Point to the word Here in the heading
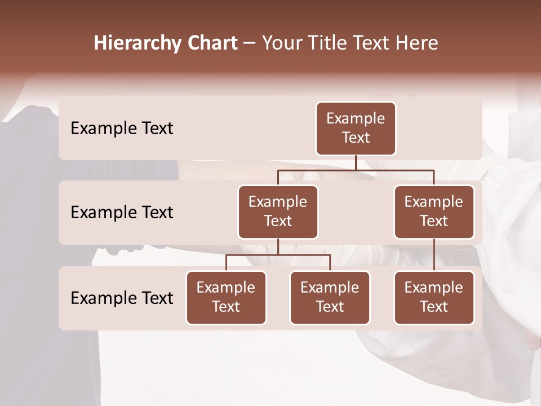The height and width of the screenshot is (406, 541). tap(417, 43)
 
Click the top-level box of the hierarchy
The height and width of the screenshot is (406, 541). tap(356, 128)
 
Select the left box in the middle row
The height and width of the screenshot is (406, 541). tap(278, 211)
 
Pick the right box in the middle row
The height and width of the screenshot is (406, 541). tap(434, 211)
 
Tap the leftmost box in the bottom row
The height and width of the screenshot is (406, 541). tap(226, 297)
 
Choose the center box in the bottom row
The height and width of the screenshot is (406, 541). tap(330, 297)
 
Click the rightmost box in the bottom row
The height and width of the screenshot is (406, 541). tap(434, 297)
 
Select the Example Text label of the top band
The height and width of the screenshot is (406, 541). tap(122, 129)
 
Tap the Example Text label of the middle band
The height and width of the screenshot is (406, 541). tap(122, 213)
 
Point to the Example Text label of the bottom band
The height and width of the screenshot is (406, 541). tap(122, 298)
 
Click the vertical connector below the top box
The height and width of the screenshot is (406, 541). tap(356, 162)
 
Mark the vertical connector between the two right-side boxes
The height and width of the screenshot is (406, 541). tap(434, 255)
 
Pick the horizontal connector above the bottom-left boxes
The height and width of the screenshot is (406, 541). tap(278, 255)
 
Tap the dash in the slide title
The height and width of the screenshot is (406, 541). tap(250, 43)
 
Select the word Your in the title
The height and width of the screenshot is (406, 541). tap(281, 43)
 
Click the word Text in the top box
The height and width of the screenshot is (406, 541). tap(356, 138)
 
